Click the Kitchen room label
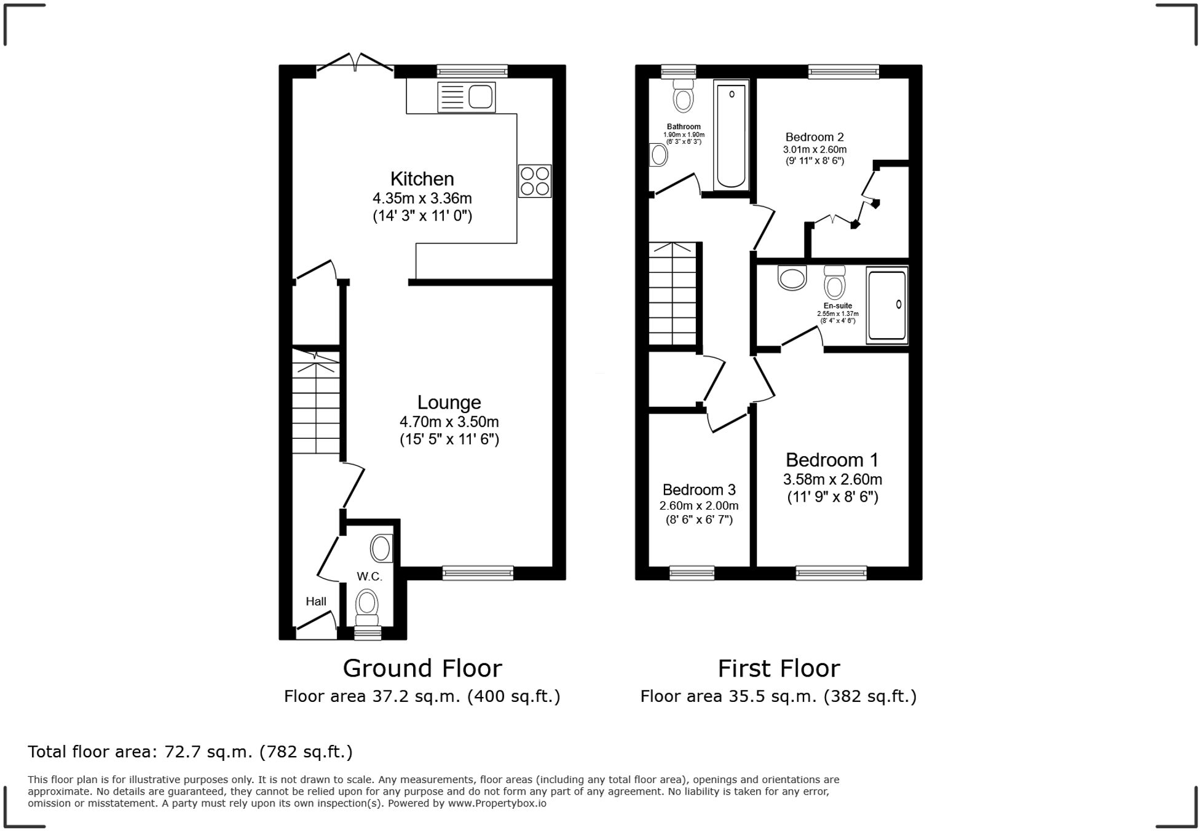click(422, 179)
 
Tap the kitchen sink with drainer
click(466, 98)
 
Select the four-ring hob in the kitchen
click(534, 181)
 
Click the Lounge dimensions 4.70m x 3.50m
click(449, 422)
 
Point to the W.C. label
click(369, 577)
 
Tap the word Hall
click(316, 601)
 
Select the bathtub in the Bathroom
click(731, 135)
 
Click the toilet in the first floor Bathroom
click(683, 96)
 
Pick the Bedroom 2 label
click(814, 137)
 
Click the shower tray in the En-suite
click(886, 305)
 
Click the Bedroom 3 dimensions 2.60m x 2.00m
click(698, 506)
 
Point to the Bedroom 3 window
click(692, 573)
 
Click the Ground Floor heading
click(422, 668)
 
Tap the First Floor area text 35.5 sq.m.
click(778, 696)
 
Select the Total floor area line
click(190, 752)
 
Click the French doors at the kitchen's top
click(355, 64)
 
